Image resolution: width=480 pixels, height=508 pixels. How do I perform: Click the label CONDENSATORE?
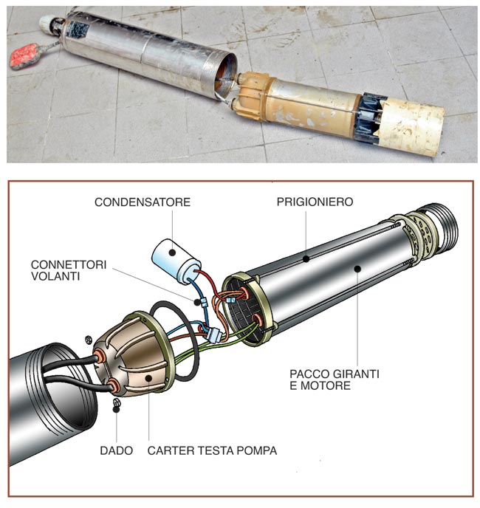[x=143, y=202]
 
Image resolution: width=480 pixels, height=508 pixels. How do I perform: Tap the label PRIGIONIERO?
[x=315, y=202]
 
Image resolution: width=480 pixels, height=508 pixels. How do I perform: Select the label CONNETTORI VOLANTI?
[x=69, y=270]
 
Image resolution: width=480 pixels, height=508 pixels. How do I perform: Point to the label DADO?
[x=117, y=450]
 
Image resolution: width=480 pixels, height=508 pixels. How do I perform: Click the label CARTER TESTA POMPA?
[x=212, y=450]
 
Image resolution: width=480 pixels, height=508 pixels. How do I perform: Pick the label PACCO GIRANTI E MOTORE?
[x=334, y=380]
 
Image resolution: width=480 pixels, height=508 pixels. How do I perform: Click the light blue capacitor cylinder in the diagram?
[x=176, y=261]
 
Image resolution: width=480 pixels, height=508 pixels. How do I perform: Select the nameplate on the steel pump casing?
[x=76, y=30]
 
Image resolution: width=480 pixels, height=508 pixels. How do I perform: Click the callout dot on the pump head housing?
[x=148, y=378]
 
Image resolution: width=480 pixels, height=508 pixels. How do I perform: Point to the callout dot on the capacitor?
[x=172, y=253]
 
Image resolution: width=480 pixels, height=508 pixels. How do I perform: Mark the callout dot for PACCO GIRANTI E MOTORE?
[x=357, y=269]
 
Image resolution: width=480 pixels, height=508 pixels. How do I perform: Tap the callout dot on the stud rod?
[x=306, y=258]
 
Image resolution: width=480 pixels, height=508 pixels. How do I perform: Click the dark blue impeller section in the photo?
[x=369, y=118]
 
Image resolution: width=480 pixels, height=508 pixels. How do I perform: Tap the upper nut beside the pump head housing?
[x=87, y=340]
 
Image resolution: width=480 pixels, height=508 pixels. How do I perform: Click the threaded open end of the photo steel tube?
[x=225, y=77]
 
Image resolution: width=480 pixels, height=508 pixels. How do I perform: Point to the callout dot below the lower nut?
[x=116, y=409]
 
